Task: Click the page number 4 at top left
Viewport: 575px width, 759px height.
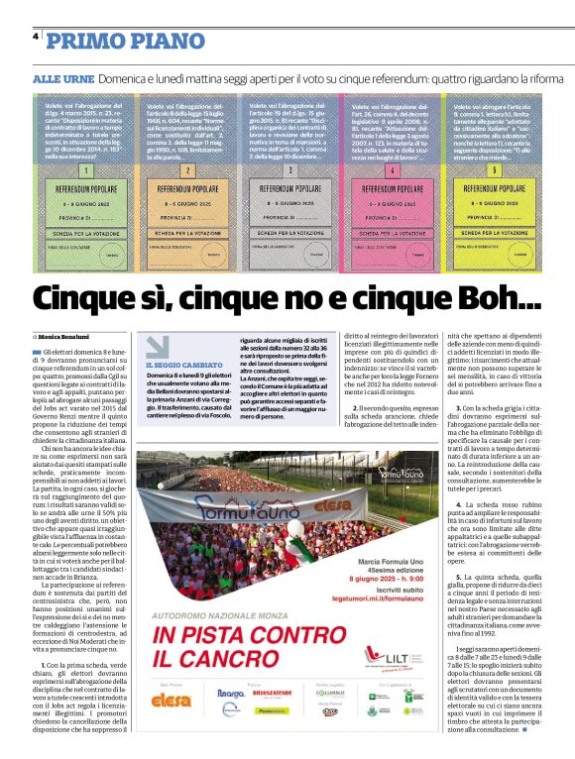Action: pos(36,37)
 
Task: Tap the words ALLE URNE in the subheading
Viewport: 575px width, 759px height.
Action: pos(62,77)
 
